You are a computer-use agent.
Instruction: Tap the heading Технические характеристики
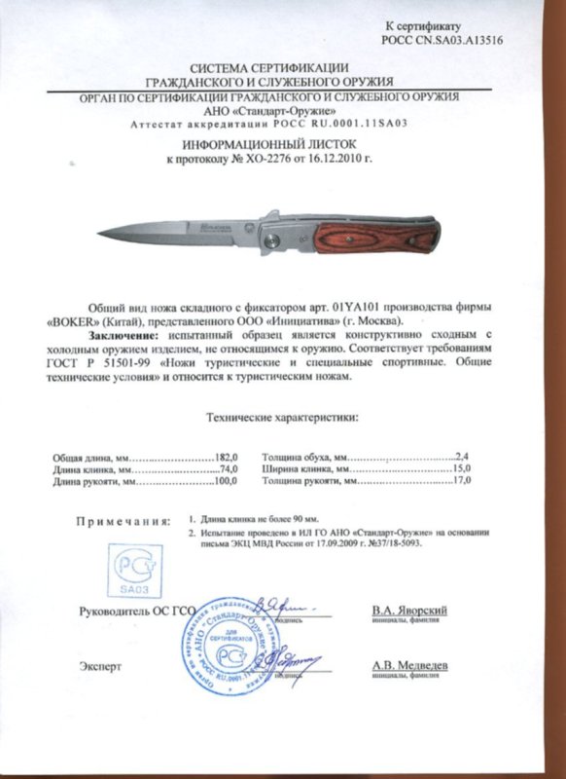click(x=283, y=418)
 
